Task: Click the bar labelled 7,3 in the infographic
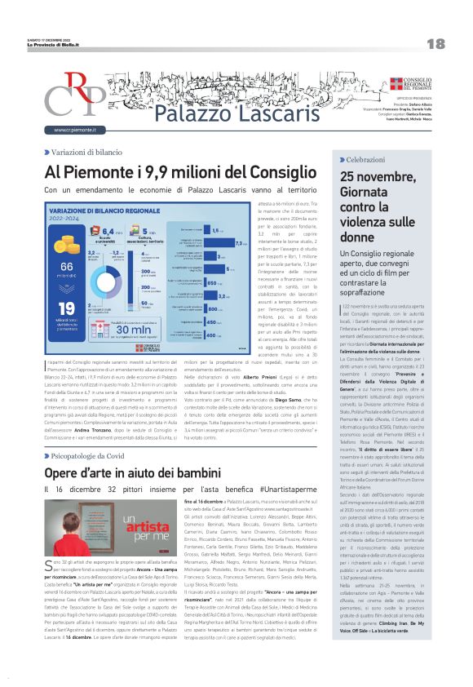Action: coord(241,242)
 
